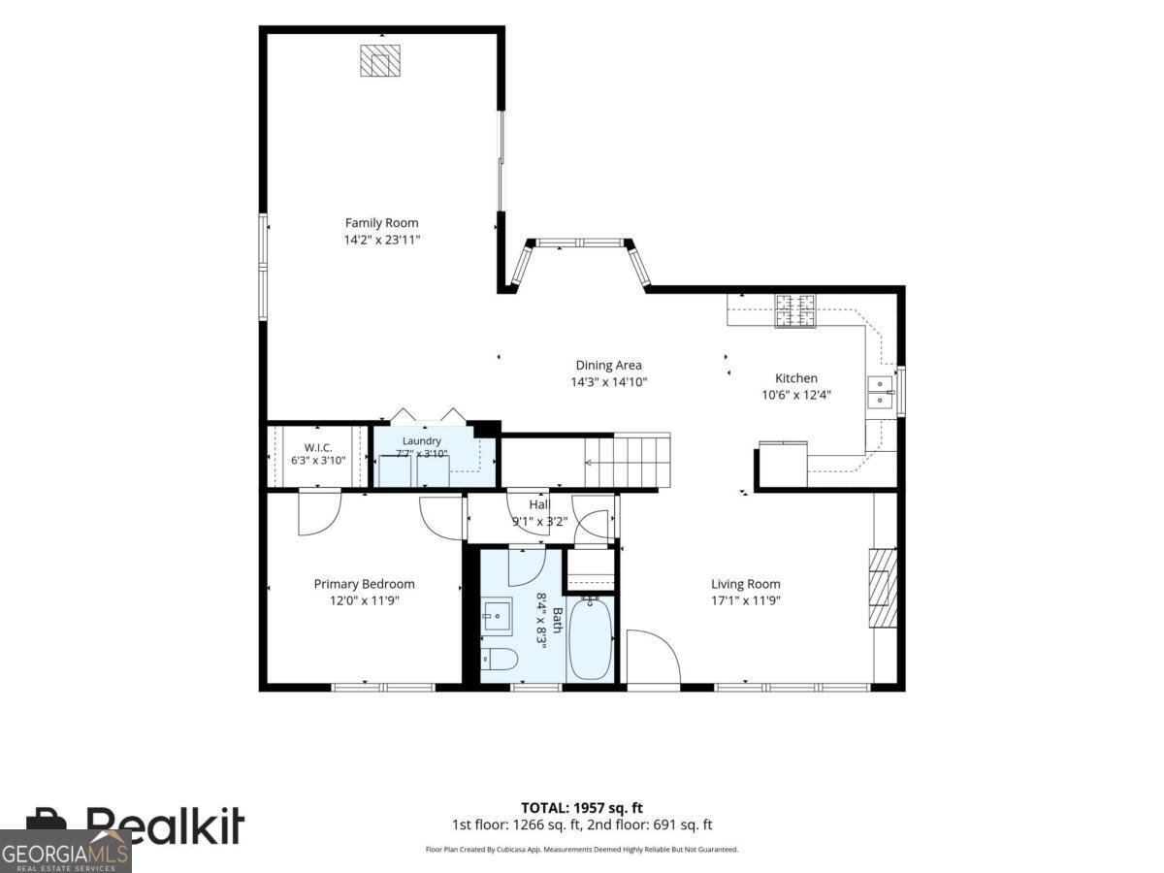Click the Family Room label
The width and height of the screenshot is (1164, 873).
coord(381,223)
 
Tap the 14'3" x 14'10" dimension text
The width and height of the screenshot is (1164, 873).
coord(609,381)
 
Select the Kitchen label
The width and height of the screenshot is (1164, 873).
coord(796,378)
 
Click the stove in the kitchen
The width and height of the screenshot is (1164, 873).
coord(794,310)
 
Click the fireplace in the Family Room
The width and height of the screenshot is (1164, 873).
coord(379,61)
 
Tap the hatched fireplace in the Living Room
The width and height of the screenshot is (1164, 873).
coord(883,589)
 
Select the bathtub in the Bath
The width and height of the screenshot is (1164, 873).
coord(590,639)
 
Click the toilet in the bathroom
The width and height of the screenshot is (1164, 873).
coord(499,659)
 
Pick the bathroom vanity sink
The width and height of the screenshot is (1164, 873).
coord(497,616)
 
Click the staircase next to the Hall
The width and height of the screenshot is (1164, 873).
coord(628,460)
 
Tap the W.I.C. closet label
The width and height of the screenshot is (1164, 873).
coord(318,447)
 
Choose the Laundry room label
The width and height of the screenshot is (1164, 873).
coord(422,441)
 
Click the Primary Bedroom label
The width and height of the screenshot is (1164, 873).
coord(365,584)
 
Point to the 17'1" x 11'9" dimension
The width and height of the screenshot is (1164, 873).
coord(746,600)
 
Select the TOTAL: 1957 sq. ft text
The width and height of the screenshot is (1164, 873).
coord(582,808)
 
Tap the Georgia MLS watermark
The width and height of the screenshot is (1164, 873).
coord(65,852)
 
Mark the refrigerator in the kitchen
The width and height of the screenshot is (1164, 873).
coord(783,464)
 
